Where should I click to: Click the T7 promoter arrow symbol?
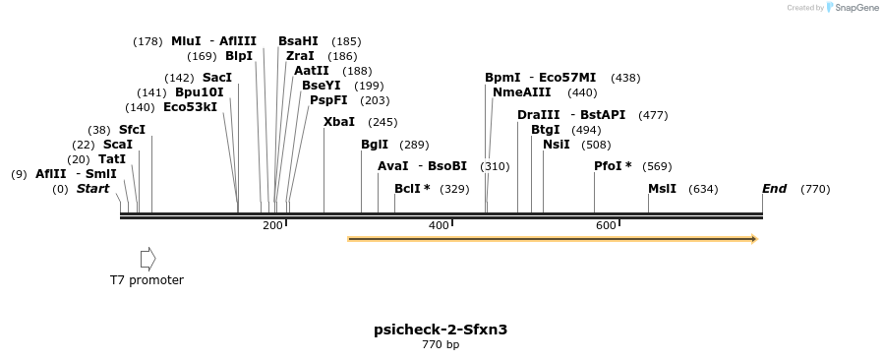point(147,259)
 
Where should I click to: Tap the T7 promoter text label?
point(147,280)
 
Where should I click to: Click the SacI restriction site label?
point(217,78)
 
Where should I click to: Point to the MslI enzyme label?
point(662,189)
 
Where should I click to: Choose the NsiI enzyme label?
point(556,145)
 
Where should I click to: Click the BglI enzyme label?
point(375,145)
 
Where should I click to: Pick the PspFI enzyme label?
point(328,100)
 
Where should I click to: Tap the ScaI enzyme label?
point(117,145)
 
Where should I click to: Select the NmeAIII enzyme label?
point(522,92)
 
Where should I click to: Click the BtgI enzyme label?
point(545,130)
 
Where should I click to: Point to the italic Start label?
point(92,189)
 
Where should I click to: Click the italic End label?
point(774,189)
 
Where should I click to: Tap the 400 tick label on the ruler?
point(439,226)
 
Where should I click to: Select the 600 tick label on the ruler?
point(606,226)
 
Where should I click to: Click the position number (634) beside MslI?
point(703,189)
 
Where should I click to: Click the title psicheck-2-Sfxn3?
point(441,330)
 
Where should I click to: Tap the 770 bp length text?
point(441,345)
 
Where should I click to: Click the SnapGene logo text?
point(857,8)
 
